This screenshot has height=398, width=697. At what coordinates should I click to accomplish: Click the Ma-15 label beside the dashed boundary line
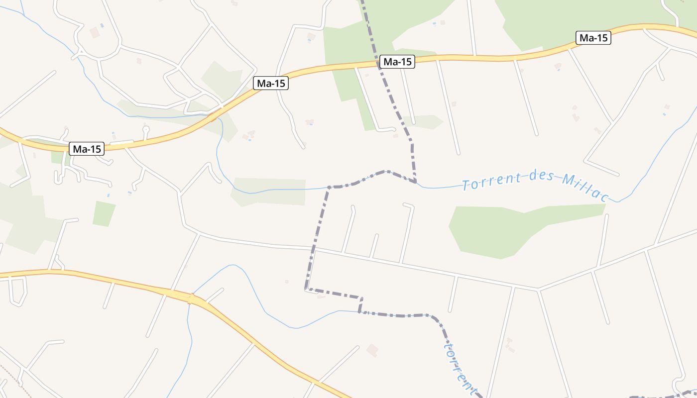click(x=397, y=62)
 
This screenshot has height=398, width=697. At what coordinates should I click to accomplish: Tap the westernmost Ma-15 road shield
click(x=87, y=148)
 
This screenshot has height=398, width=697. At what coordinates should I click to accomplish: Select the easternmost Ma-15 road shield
click(x=593, y=38)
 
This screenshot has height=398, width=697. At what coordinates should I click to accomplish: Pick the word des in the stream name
click(x=537, y=177)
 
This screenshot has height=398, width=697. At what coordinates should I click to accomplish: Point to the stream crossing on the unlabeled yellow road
click(x=190, y=298)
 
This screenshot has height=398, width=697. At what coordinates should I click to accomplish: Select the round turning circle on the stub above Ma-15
click(x=146, y=130)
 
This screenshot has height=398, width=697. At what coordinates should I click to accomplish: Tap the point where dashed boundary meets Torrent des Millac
click(x=416, y=182)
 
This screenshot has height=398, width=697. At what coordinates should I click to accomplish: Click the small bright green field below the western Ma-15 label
click(x=104, y=213)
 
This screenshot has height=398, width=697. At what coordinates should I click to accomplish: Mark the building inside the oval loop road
click(x=95, y=33)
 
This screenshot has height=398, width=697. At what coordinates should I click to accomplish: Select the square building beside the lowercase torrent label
click(x=372, y=350)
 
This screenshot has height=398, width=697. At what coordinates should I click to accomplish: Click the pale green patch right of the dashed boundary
click(x=423, y=121)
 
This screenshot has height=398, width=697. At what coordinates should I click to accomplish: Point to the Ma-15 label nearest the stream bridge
click(x=271, y=83)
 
